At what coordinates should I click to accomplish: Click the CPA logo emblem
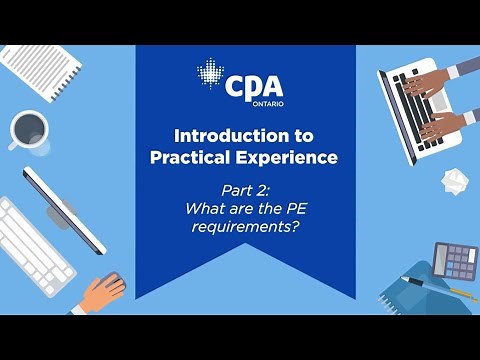[210, 76]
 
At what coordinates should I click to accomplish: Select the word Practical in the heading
[190, 157]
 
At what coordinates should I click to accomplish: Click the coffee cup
[28, 129]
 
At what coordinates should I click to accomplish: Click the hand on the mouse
[103, 291]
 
